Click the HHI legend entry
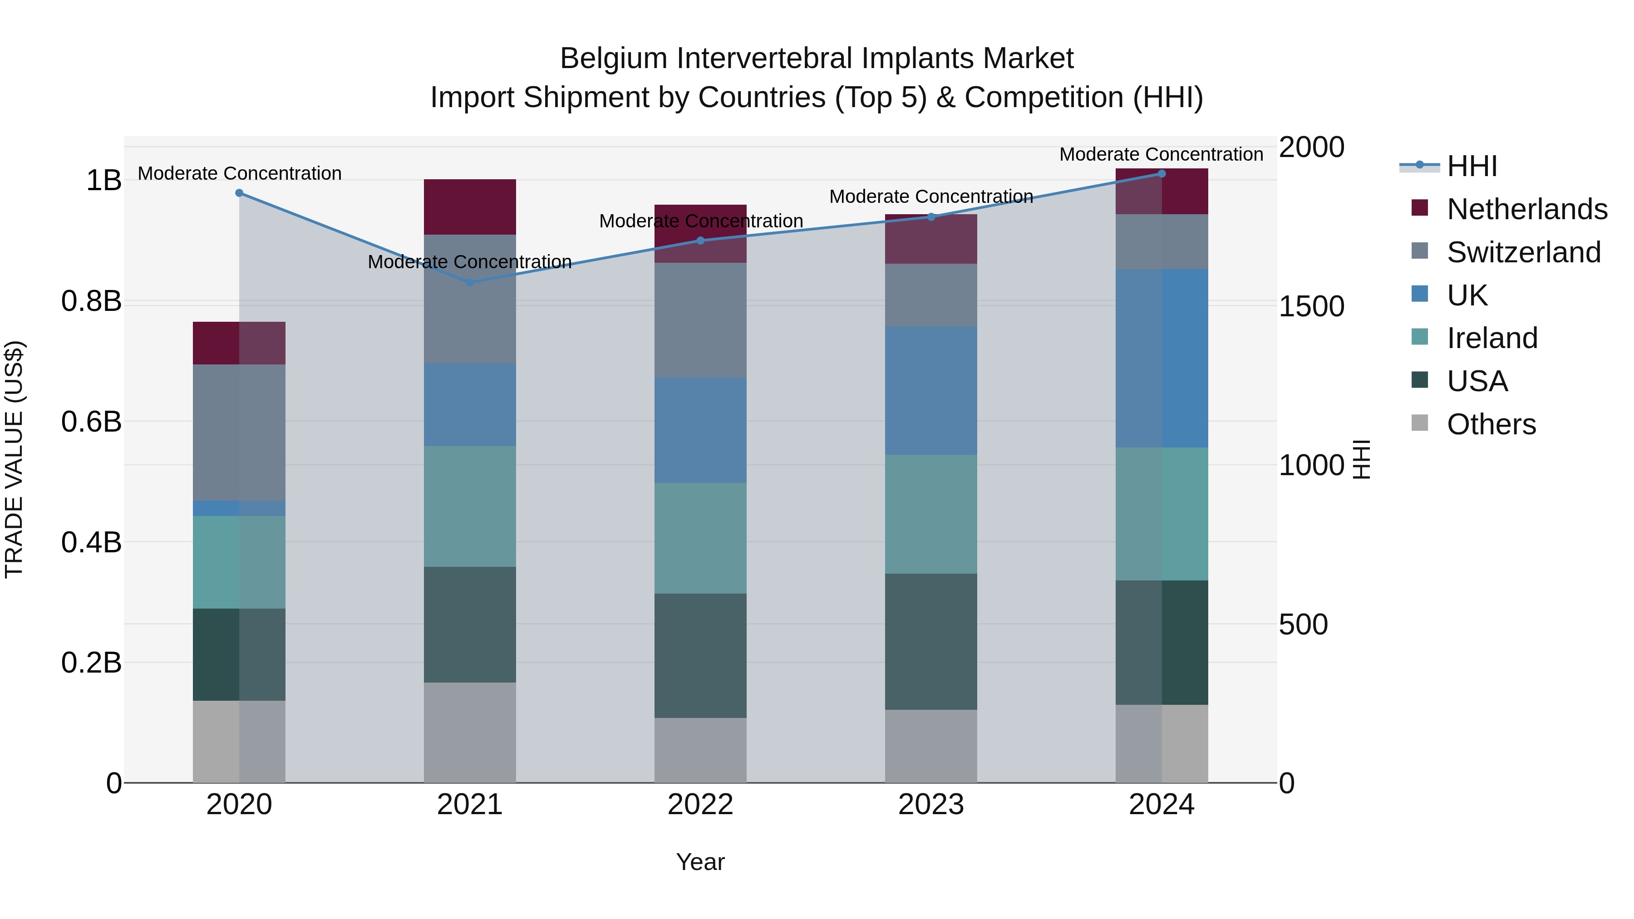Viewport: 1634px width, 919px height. tap(1471, 166)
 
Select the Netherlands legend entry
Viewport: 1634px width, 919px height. tap(1526, 209)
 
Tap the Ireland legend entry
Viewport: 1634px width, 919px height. tap(1491, 338)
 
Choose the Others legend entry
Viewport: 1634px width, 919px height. tap(1491, 424)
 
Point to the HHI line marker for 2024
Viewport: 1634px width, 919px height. tap(1162, 174)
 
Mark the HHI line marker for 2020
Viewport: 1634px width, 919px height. tap(239, 193)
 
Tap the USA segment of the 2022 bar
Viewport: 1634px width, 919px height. tap(700, 655)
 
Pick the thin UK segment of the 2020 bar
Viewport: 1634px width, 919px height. tap(239, 508)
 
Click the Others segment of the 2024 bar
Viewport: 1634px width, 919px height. tap(1162, 743)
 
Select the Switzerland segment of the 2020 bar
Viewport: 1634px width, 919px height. tap(239, 432)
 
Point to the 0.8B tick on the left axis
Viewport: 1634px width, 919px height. tap(91, 301)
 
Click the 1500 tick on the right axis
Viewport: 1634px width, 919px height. tap(1310, 306)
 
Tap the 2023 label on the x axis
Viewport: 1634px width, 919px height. tap(930, 805)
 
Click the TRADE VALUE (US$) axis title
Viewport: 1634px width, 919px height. tap(14, 459)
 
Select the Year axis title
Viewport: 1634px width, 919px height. tap(700, 862)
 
